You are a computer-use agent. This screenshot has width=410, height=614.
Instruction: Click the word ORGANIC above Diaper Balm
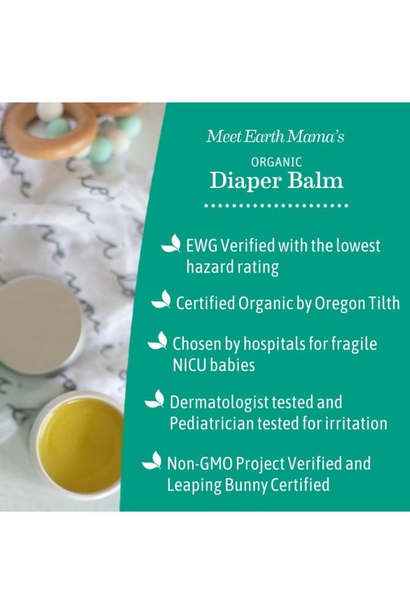[x=277, y=161]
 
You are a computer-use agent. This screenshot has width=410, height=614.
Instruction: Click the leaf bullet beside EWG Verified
[x=171, y=243]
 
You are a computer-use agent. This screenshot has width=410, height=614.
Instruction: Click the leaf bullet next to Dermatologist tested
[x=154, y=399]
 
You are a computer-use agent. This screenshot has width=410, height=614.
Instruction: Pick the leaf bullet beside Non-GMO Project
[x=152, y=460]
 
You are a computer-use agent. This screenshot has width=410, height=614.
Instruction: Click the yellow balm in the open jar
[x=81, y=440]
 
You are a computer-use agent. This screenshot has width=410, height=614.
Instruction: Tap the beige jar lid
[x=39, y=325]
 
